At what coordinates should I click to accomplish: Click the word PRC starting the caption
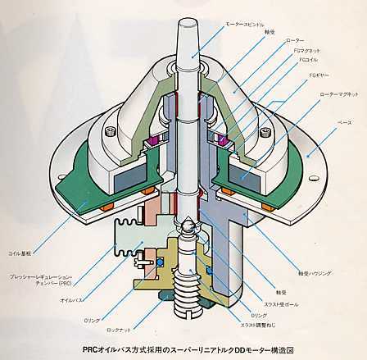(x=92, y=348)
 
